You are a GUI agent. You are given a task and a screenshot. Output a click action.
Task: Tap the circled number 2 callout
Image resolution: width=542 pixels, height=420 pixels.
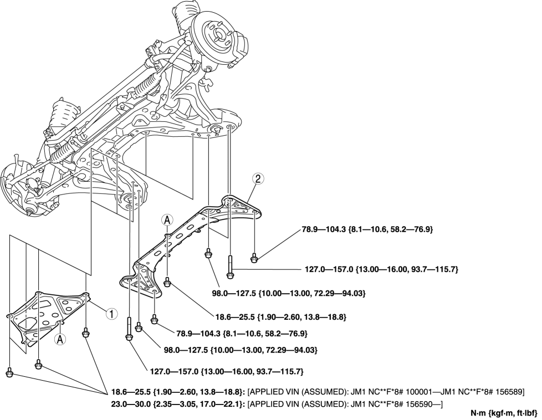tap(256, 179)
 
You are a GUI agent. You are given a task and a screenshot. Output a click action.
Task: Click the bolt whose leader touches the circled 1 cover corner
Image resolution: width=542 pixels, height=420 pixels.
tap(86, 332)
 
